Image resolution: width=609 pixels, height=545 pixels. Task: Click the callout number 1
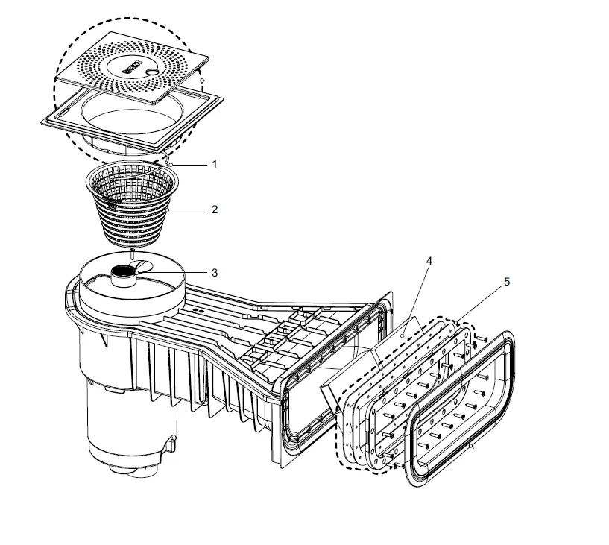click(215, 163)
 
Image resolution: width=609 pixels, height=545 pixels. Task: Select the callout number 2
click(215, 210)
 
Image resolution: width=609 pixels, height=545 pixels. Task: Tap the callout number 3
click(215, 273)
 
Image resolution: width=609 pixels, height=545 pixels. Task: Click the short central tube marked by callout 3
click(122, 276)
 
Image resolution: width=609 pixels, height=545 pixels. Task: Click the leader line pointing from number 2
click(190, 210)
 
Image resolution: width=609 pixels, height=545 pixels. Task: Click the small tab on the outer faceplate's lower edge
click(472, 448)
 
